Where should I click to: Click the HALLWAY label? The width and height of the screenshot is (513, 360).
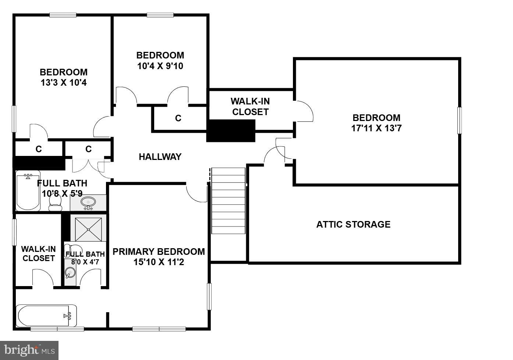[160, 157]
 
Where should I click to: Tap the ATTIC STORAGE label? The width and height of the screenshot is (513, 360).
[353, 224]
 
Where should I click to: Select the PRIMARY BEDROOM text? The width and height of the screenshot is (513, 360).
[159, 252]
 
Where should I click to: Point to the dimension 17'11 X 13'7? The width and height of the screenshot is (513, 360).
[376, 129]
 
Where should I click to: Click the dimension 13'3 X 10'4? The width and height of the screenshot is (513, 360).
[64, 83]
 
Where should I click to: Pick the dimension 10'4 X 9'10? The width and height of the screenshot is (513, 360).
[160, 66]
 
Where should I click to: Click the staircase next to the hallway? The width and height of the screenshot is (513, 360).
[228, 200]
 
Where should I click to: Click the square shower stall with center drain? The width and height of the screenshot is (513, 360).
[88, 229]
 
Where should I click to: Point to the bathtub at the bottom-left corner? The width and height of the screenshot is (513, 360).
[46, 316]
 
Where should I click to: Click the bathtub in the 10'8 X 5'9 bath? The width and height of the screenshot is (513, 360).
[28, 192]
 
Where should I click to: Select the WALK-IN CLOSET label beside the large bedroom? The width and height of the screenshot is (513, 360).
[250, 107]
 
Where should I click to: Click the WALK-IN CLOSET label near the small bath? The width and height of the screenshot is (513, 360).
[39, 254]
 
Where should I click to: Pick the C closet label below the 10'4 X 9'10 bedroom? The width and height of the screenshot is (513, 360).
[178, 118]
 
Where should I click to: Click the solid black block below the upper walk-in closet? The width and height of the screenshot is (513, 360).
[231, 131]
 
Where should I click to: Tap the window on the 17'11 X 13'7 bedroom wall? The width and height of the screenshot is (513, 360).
[459, 120]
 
